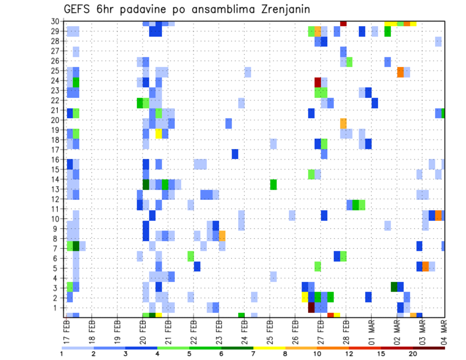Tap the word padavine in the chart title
[x=145, y=10]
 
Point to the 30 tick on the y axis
[x=56, y=21]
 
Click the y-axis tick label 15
[x=56, y=170]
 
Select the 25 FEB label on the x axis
[x=270, y=332]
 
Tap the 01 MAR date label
[x=372, y=332]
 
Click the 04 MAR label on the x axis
[x=443, y=332]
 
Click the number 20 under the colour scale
[x=413, y=353]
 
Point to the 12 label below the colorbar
[x=349, y=353]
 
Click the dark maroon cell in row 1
[x=311, y=308]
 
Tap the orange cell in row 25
[x=400, y=72]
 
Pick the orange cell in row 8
[x=222, y=236]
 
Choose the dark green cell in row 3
[x=394, y=286]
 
